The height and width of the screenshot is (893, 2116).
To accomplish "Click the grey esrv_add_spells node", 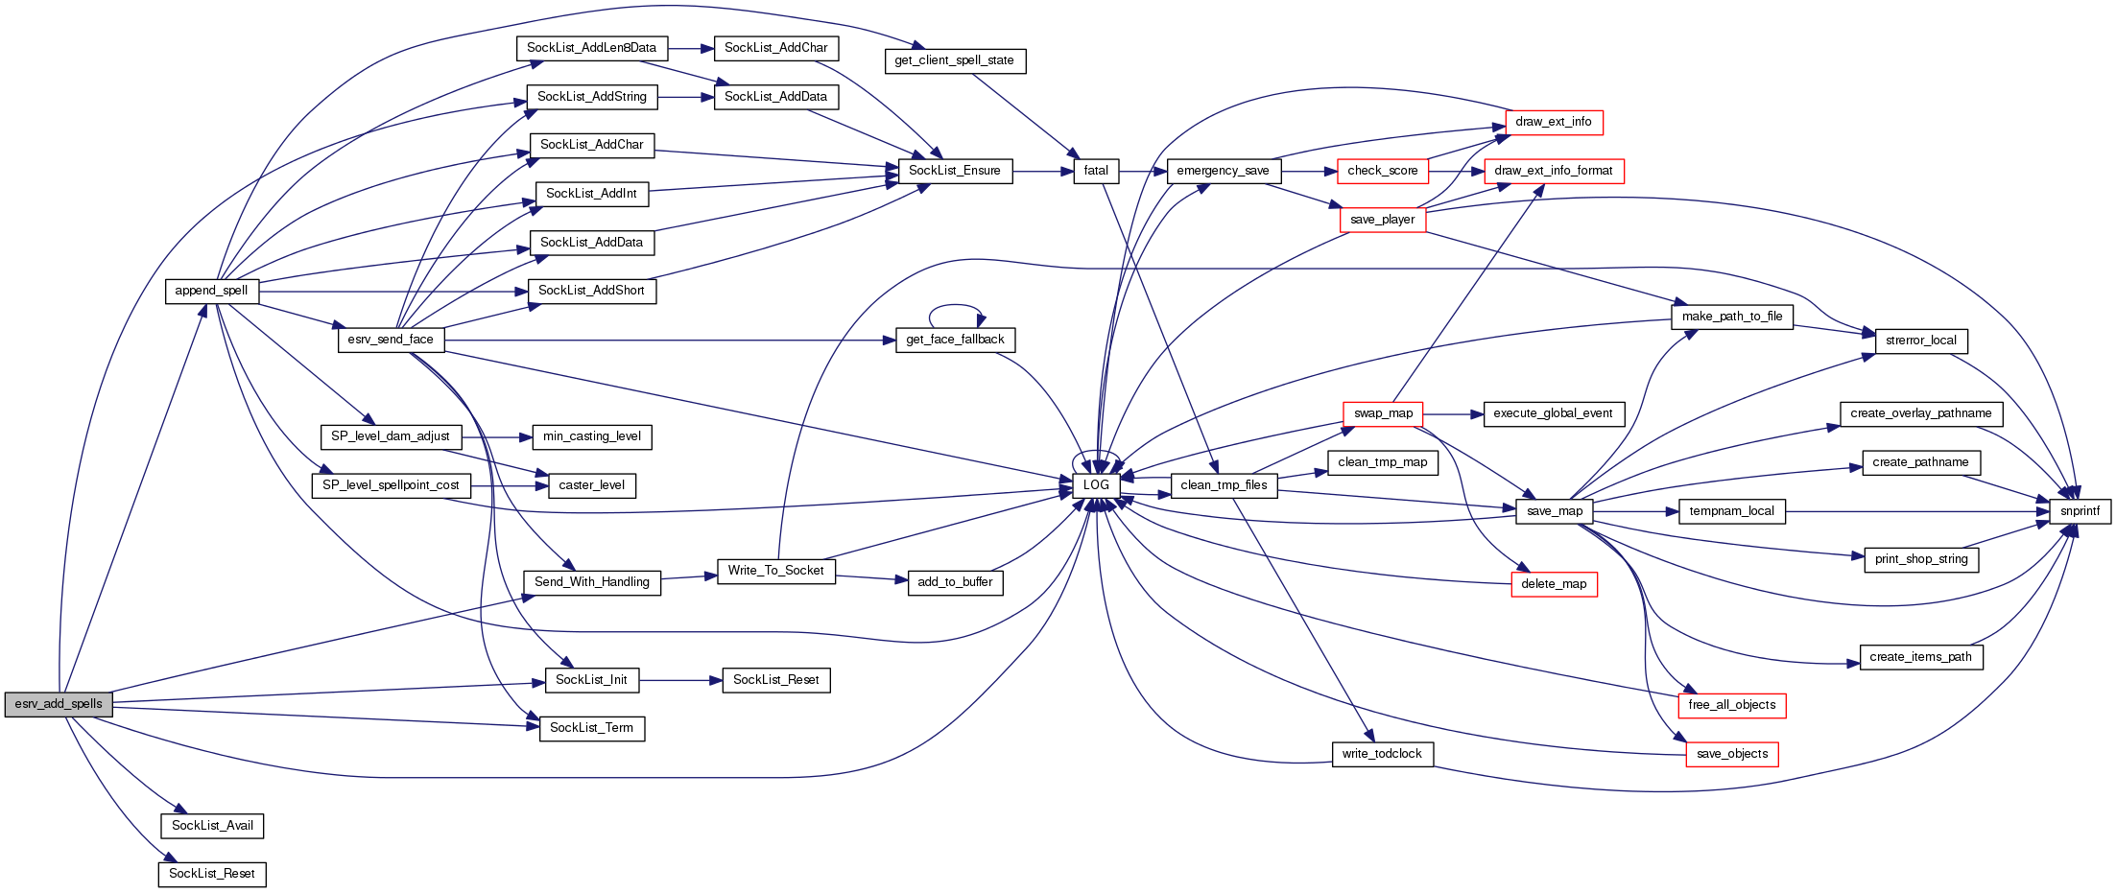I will tap(59, 704).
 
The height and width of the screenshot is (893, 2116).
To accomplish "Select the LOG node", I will tap(1096, 485).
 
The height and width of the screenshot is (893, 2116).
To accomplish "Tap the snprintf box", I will tap(2080, 511).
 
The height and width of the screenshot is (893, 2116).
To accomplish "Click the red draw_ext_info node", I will tap(1554, 122).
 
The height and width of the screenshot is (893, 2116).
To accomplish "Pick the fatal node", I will tap(1096, 171).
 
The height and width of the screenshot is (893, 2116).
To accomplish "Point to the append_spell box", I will tap(211, 291).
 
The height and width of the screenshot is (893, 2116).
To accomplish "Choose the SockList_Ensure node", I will tap(954, 171).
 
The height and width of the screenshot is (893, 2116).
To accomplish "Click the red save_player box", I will tap(1382, 220).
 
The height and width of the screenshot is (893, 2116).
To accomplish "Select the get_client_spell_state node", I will tap(954, 60).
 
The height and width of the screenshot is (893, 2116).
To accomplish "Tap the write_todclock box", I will tap(1382, 754).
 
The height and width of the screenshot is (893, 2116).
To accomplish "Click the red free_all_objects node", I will tap(1732, 705).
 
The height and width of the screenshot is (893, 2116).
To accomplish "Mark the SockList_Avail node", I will tap(212, 826).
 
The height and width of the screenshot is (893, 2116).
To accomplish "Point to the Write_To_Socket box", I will tap(775, 571).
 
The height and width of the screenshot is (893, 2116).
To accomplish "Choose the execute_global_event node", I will tap(1554, 413).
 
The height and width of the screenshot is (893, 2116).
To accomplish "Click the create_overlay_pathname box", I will tap(1920, 413).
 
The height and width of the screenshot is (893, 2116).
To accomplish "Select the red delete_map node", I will tap(1554, 584).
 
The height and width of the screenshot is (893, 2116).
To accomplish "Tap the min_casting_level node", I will tap(592, 436).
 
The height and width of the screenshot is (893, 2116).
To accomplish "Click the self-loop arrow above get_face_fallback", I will tap(955, 306).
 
